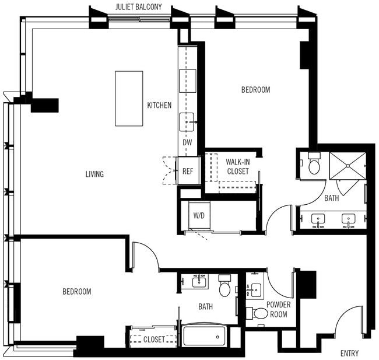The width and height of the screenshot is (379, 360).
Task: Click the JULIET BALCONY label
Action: click(x=138, y=8)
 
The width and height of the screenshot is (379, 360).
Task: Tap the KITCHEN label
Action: click(x=159, y=106)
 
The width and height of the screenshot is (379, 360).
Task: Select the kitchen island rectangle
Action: click(x=129, y=98)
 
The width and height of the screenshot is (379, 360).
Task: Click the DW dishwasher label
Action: click(x=187, y=142)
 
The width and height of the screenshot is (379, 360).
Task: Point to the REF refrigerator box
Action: click(x=188, y=171)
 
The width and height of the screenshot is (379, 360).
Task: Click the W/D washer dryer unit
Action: click(x=199, y=215)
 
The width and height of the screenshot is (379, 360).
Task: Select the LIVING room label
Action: click(x=94, y=174)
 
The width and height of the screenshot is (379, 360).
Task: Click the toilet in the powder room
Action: click(x=260, y=313)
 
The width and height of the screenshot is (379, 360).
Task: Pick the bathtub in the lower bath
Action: click(x=204, y=335)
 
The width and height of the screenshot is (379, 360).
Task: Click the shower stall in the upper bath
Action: click(x=348, y=166)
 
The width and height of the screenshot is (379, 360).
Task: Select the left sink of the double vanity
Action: click(x=319, y=219)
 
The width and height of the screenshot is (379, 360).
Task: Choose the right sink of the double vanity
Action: click(x=349, y=219)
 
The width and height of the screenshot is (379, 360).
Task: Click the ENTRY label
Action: click(x=349, y=353)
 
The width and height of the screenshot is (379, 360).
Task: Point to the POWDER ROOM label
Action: click(x=278, y=309)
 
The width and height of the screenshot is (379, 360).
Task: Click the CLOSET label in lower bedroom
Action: click(x=154, y=339)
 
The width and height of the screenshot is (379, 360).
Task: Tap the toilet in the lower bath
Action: click(x=225, y=288)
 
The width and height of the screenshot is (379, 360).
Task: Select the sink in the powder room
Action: click(x=256, y=289)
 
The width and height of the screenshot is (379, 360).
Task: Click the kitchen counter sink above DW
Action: click(x=188, y=123)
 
